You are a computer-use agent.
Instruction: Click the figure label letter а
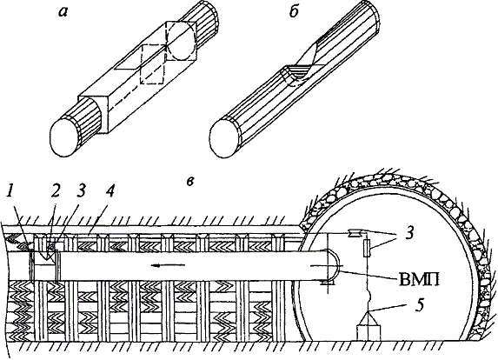(63, 12)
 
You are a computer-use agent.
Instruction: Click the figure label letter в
(190, 182)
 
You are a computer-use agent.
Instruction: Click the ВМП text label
(419, 281)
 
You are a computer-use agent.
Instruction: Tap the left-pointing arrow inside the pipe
(169, 264)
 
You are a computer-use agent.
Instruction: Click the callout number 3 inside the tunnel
(410, 233)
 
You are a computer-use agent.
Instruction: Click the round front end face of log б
(225, 138)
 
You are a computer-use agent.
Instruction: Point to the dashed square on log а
(152, 64)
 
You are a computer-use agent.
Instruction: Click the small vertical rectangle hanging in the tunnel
(367, 249)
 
